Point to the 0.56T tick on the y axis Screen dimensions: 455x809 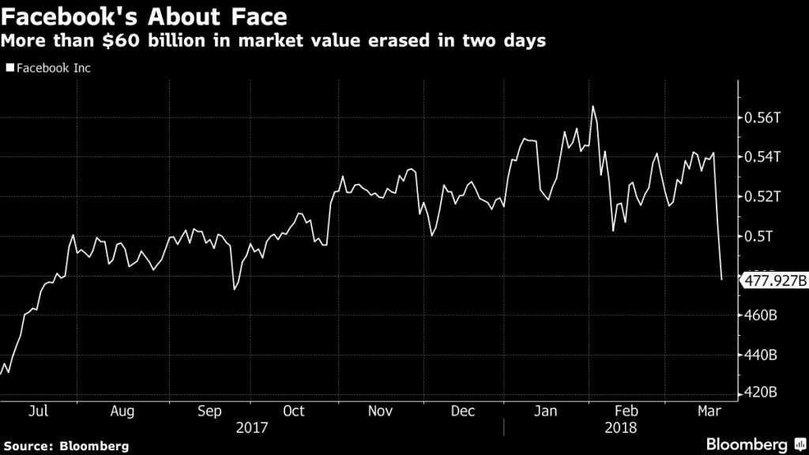pos(763,118)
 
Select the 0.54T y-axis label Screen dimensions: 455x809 pos(763,157)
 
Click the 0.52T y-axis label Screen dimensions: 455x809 pos(763,197)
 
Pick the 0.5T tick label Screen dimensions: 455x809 pos(759,236)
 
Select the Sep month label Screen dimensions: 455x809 pos(209,411)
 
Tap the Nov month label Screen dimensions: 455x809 pos(380,411)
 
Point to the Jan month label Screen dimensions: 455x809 pos(545,411)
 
